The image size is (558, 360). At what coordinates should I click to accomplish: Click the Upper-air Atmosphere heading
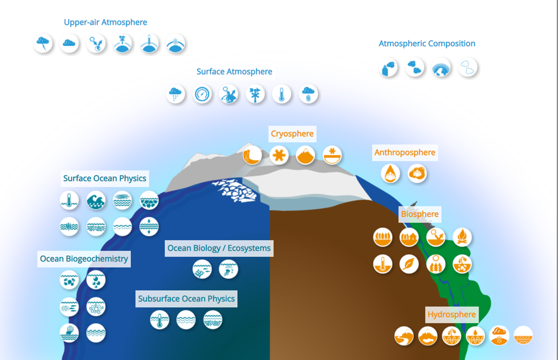(x=105, y=22)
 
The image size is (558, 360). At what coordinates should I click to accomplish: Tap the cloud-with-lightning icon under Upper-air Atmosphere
(x=43, y=43)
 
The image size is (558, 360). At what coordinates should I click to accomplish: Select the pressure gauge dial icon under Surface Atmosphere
(x=202, y=94)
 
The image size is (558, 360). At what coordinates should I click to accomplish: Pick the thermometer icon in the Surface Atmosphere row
(x=282, y=94)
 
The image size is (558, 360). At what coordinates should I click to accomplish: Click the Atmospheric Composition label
(x=427, y=43)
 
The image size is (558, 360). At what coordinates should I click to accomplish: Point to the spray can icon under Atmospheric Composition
(x=388, y=67)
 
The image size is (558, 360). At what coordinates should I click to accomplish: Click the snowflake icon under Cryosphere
(x=279, y=155)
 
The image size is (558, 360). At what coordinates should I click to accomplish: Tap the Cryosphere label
(x=292, y=133)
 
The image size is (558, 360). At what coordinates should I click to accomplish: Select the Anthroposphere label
(x=405, y=152)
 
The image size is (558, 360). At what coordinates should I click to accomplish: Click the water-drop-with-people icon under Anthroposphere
(x=390, y=173)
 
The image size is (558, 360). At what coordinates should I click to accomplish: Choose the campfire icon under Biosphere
(x=462, y=237)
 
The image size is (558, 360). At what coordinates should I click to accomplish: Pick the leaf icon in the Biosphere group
(x=409, y=264)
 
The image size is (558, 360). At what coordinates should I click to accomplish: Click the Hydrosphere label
(x=452, y=315)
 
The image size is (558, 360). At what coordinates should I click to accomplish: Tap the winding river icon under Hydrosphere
(x=404, y=336)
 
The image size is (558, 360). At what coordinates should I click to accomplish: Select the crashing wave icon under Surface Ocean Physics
(x=96, y=200)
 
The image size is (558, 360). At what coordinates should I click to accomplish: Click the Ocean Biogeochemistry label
(x=84, y=259)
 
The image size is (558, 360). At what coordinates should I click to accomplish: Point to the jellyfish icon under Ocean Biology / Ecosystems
(x=228, y=269)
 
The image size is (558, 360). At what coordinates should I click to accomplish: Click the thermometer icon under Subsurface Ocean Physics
(x=159, y=319)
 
